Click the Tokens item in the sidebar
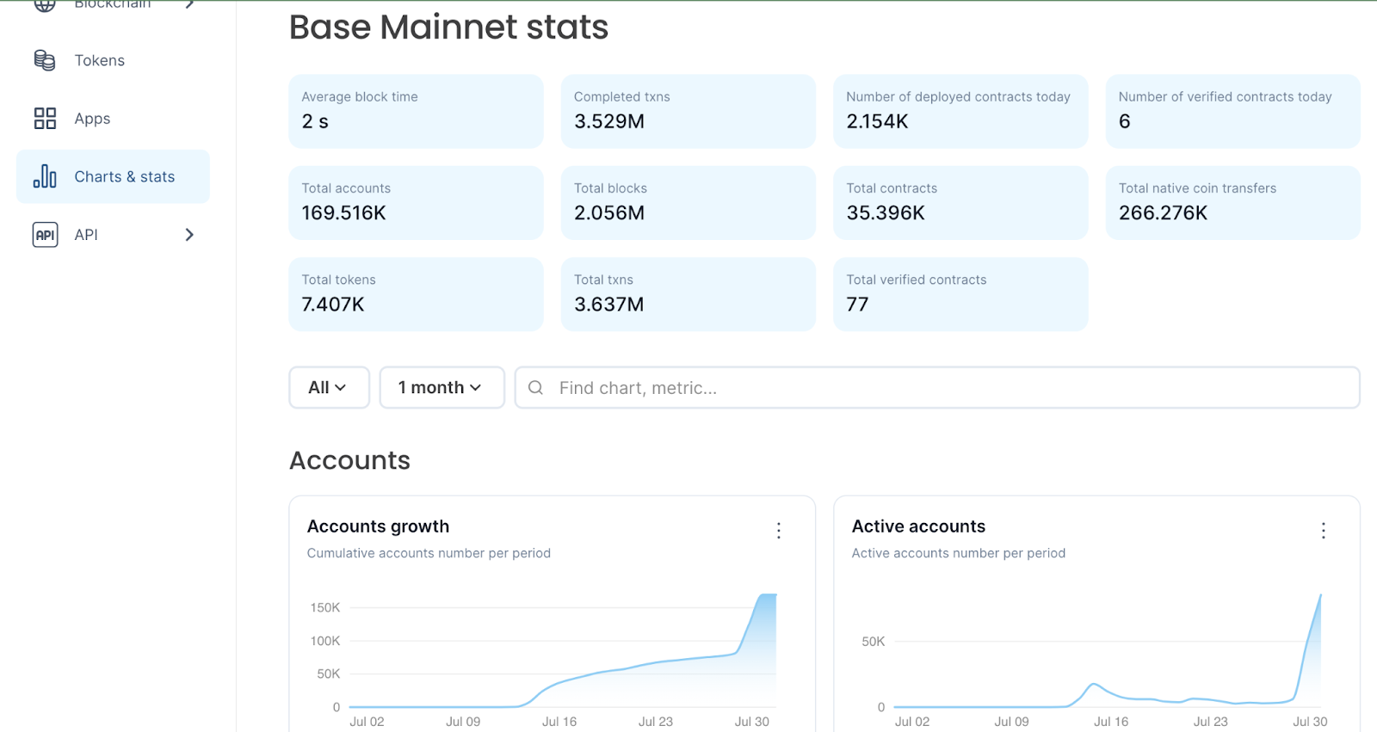99,60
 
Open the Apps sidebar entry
92,119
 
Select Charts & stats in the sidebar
124,176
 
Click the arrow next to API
189,235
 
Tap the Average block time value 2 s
315,121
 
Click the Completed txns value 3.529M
609,121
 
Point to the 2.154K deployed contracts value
877,121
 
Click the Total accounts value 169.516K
343,212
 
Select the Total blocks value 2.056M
609,212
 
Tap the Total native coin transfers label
1197,188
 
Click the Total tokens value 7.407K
333,304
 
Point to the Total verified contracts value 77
857,304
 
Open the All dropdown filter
329,388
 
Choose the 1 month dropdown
442,388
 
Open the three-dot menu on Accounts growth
779,531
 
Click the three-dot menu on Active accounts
1324,531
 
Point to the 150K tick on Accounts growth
325,608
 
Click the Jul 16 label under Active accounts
1111,722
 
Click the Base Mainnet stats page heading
448,28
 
